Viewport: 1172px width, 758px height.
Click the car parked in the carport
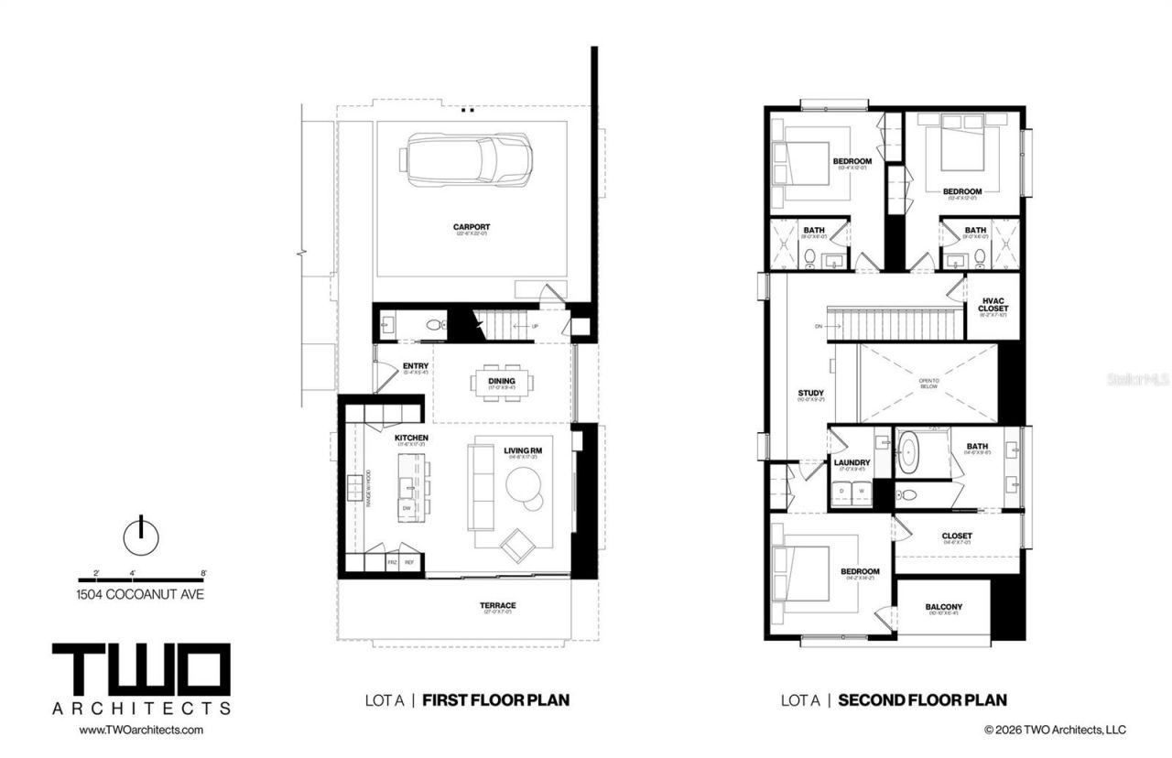pyautogui.click(x=469, y=160)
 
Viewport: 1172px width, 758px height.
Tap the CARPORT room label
pyautogui.click(x=471, y=227)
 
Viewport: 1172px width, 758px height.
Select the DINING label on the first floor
pyautogui.click(x=502, y=381)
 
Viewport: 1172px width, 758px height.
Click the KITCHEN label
pyautogui.click(x=411, y=439)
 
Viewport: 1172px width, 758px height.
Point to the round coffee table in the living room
pyautogui.click(x=526, y=486)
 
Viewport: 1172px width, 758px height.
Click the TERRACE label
pyautogui.click(x=497, y=605)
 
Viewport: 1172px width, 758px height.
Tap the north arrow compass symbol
pyautogui.click(x=140, y=536)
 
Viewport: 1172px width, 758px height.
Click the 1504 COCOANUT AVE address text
pyautogui.click(x=141, y=594)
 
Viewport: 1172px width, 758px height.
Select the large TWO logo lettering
pyautogui.click(x=141, y=670)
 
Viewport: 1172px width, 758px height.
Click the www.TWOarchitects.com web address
pyautogui.click(x=141, y=730)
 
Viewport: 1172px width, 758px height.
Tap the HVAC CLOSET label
pyautogui.click(x=993, y=304)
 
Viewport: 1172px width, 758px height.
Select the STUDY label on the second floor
pyautogui.click(x=810, y=394)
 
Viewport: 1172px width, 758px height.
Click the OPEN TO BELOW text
pyautogui.click(x=929, y=383)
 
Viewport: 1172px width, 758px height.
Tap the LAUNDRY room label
pyautogui.click(x=852, y=462)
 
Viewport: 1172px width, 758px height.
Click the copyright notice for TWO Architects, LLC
pyautogui.click(x=1055, y=730)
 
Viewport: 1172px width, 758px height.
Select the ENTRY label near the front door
pyautogui.click(x=416, y=366)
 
